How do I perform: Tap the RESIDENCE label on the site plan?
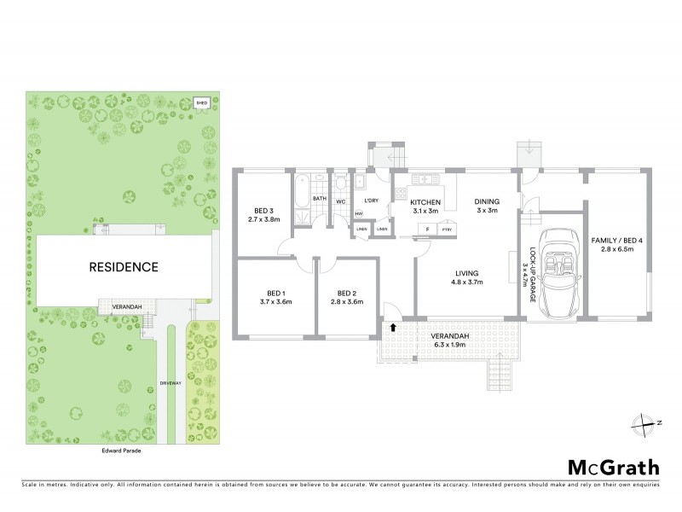coord(124,267)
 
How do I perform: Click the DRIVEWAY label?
coord(172,383)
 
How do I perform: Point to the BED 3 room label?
coord(264,212)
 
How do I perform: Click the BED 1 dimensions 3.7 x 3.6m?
coord(275,301)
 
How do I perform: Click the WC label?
coord(338,201)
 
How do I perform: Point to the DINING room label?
coord(487,201)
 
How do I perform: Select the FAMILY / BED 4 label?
coord(616,241)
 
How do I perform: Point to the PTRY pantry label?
coord(446,230)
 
